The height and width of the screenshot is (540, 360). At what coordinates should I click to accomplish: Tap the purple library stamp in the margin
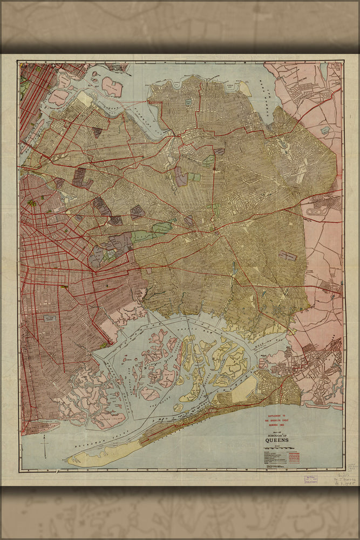(309, 478)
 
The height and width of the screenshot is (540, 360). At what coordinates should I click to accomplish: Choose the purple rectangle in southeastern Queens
(287, 255)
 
